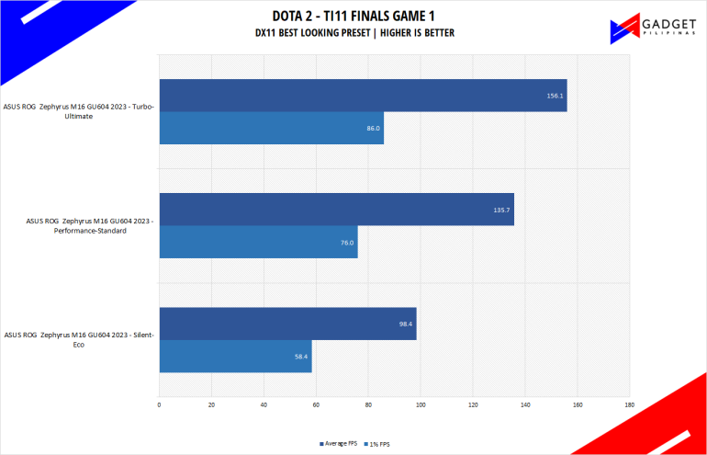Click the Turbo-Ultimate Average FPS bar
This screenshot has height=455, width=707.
coord(363,96)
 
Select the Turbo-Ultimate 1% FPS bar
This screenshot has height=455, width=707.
coord(271,129)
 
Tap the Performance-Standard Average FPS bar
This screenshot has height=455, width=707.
coord(336,210)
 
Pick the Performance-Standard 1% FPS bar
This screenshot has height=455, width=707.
coord(258,242)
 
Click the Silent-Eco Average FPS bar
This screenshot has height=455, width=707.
coord(287,324)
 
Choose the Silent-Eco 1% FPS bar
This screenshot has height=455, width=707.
coord(235,356)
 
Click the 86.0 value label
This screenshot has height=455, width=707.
coord(373,129)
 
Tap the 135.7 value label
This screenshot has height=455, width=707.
coord(501,210)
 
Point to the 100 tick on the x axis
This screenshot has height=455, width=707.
coord(421,404)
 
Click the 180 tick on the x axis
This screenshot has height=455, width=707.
coord(629,404)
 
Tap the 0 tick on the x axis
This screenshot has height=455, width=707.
coord(160,404)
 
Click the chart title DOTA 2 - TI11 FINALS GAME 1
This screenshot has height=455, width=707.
coord(354,15)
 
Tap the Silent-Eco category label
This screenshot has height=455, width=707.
coord(80,339)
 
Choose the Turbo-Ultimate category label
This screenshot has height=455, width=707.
coord(80,112)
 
